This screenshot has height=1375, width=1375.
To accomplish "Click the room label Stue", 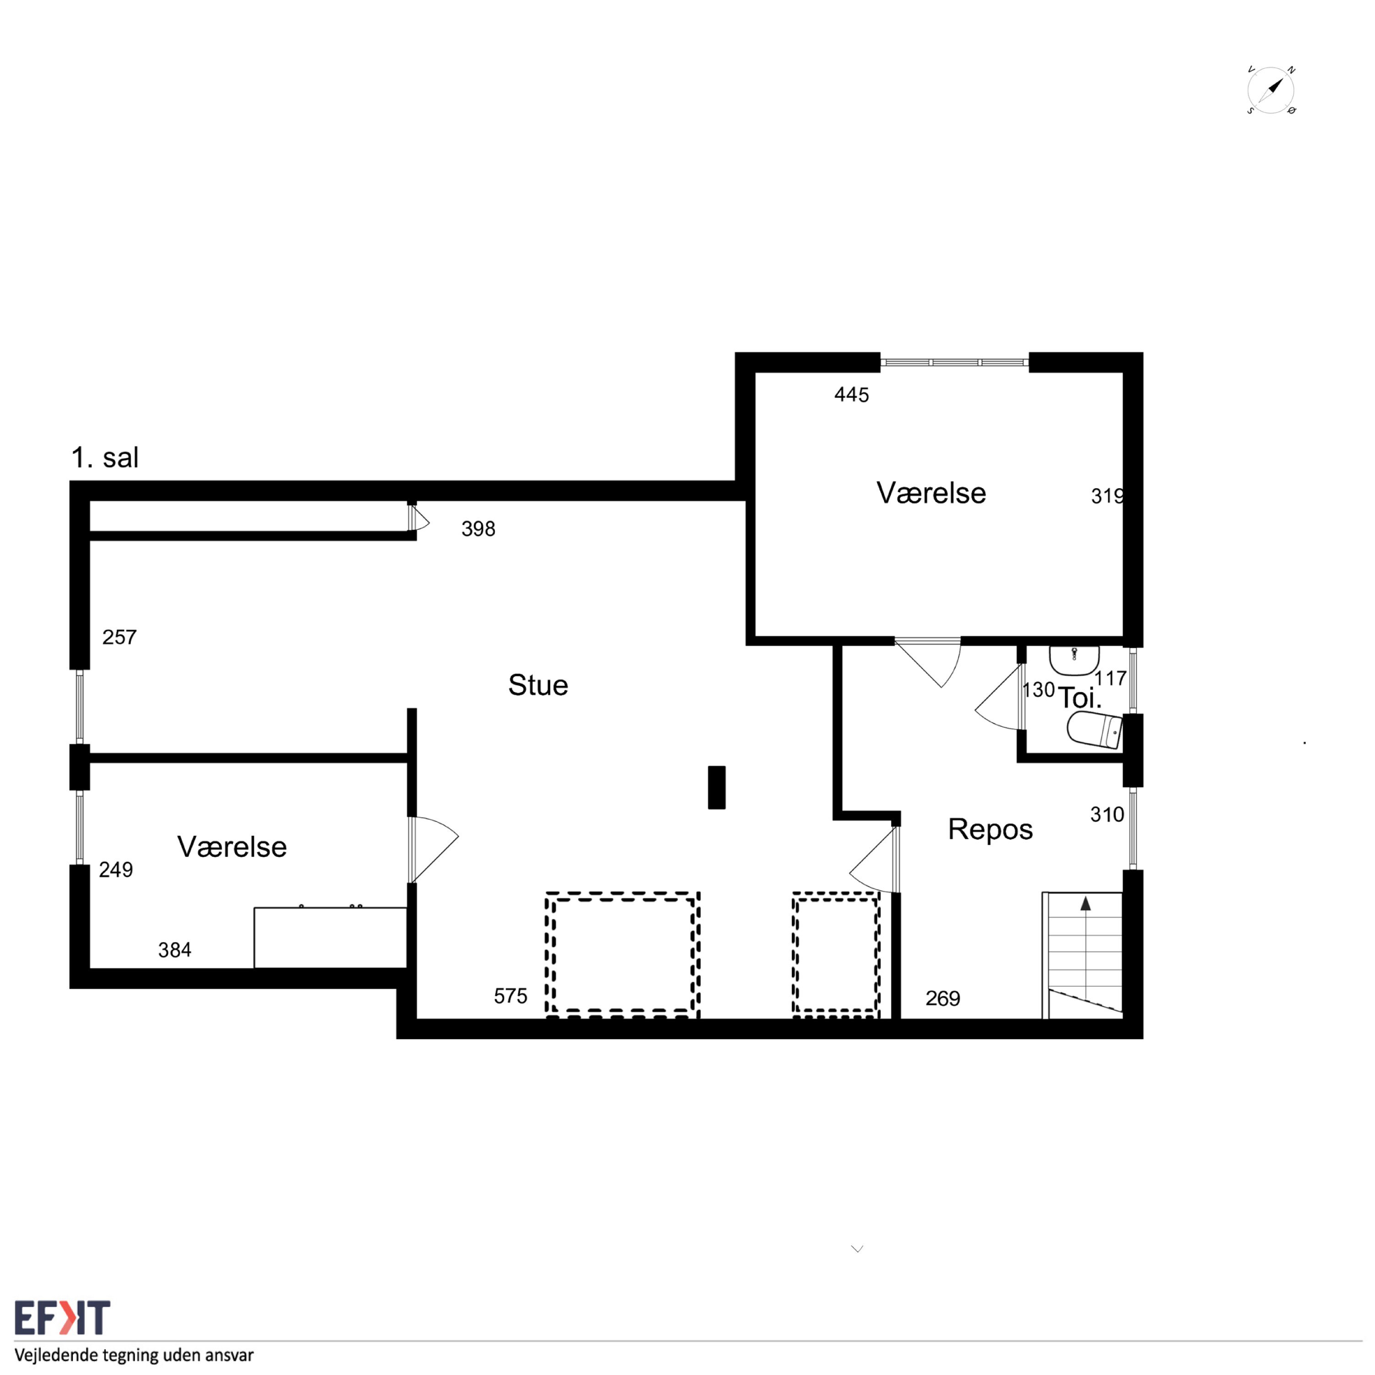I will (x=538, y=685).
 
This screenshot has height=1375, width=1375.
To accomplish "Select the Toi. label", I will (x=1079, y=698).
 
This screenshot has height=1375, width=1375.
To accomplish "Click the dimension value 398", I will (x=478, y=529).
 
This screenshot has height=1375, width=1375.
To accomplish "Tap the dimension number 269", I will (x=942, y=999).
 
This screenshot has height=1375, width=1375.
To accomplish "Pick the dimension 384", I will (x=174, y=950).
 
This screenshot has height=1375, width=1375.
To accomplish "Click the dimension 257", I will (x=119, y=638).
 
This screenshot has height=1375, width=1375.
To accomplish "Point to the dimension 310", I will (x=1107, y=815).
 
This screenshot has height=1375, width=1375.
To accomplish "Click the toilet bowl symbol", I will (x=1094, y=730).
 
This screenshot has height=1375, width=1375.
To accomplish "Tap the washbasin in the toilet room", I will (x=1074, y=659).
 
